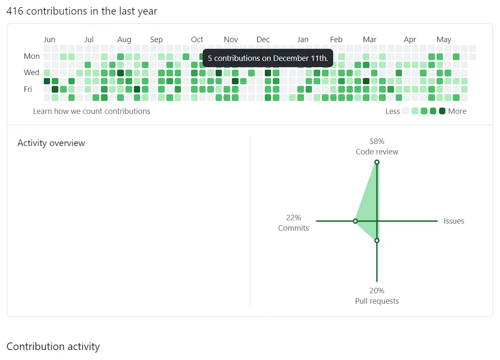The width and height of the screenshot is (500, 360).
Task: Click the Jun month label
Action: pos(49,40)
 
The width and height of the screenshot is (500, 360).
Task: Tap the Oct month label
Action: pos(197,40)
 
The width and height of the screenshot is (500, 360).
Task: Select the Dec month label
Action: pos(263,40)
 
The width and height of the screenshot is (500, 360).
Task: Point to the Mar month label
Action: pos(369,40)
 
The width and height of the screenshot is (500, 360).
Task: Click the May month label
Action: pos(444,40)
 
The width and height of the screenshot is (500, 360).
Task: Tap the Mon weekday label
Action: pos(32,56)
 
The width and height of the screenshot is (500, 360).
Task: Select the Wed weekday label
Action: pos(31,73)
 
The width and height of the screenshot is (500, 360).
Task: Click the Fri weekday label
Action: pos(28,89)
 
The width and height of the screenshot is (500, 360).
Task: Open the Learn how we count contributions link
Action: pos(91,111)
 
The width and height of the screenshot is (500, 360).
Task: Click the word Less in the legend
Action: pos(392,111)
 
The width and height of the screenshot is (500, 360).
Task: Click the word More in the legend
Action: pos(457,111)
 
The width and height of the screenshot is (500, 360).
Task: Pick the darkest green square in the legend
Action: pos(442,111)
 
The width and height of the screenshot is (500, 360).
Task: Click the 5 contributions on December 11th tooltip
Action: pos(268,58)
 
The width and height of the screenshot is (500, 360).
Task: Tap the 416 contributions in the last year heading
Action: pos(82,11)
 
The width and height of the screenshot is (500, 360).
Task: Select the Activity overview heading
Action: pos(51,143)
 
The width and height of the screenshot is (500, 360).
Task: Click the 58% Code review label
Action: pos(377,146)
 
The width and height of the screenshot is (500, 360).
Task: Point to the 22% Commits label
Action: pos(294,223)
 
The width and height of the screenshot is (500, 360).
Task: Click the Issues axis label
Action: pos(454,221)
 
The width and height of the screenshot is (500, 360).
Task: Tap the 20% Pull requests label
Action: pos(377,296)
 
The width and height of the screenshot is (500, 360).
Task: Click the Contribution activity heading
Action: pos(53,347)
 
